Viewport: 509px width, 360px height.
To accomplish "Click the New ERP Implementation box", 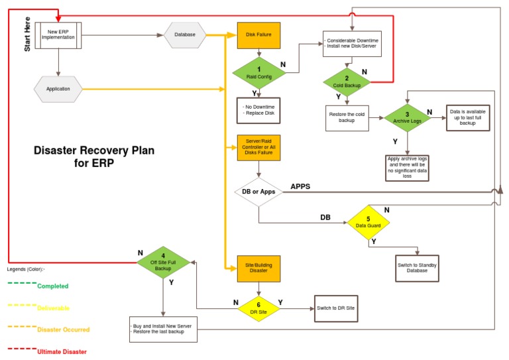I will click(x=59, y=34).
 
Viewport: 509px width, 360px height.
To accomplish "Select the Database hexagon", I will click(x=185, y=34).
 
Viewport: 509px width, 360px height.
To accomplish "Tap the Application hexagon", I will click(x=58, y=89).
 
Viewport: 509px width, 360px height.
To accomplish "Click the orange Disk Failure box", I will click(x=258, y=34).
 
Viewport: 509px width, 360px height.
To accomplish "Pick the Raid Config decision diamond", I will click(x=258, y=73).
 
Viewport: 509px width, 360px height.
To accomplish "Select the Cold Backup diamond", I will click(x=347, y=82).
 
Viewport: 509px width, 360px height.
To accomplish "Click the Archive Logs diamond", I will click(x=407, y=118).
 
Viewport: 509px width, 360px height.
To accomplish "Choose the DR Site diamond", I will click(x=258, y=308).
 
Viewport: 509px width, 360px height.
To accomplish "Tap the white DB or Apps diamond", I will click(x=258, y=192).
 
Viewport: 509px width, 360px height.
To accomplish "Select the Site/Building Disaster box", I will click(x=258, y=268).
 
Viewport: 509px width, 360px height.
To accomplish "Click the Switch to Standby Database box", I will click(x=417, y=269).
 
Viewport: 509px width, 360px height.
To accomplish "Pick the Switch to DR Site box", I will click(x=336, y=308).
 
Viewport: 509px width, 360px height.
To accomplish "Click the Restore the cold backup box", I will click(x=347, y=118).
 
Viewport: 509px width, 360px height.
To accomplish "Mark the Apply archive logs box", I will click(x=407, y=168).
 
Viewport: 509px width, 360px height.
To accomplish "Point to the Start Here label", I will click(x=27, y=34).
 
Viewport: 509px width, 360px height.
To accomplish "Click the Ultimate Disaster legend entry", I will click(x=62, y=351).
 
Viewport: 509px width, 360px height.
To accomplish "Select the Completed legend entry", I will click(x=52, y=286).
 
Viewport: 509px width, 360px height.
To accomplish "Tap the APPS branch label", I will click(x=300, y=186).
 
